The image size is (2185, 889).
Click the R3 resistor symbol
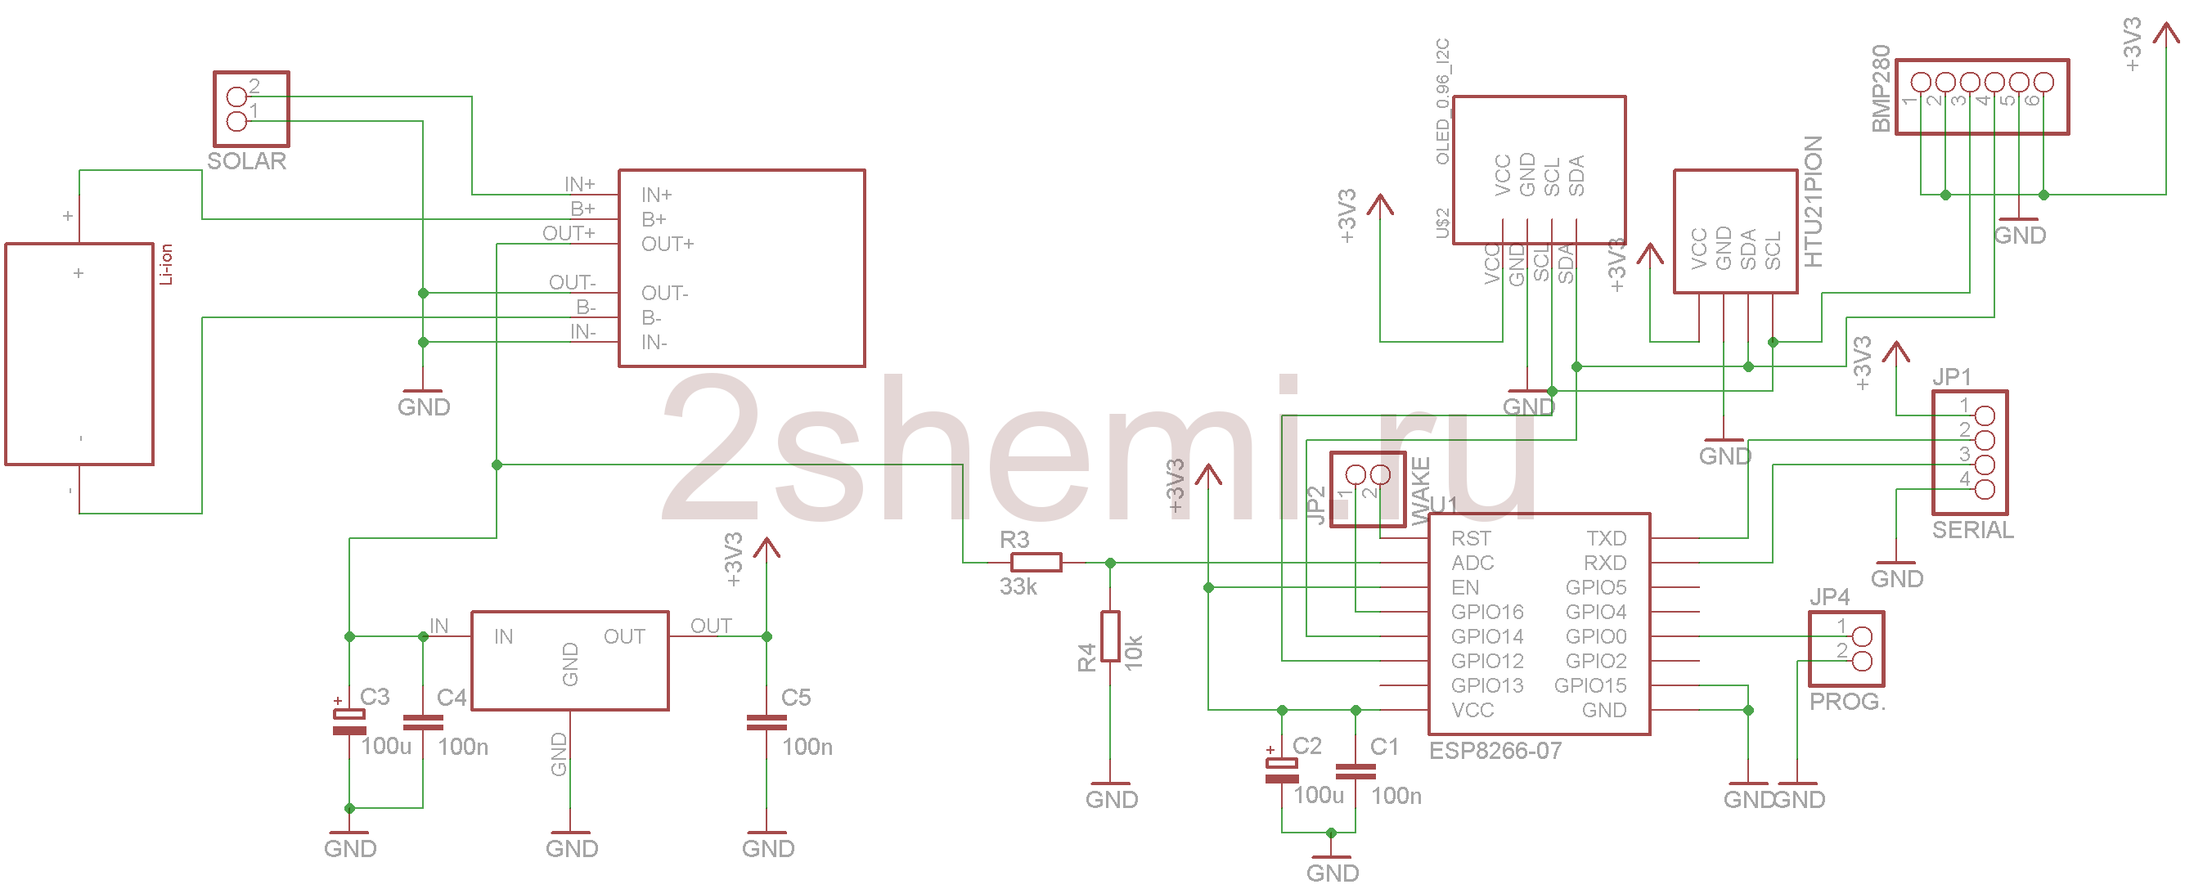pos(1036,563)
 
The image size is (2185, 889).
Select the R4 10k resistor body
pos(1110,636)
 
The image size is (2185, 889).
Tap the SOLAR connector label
pos(247,161)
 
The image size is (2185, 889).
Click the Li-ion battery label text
pos(166,264)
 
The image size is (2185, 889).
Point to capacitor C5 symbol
pos(766,723)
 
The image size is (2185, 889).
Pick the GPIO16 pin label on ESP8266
pos(1486,612)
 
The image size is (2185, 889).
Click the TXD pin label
pos(1606,539)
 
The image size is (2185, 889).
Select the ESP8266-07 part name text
pos(1495,751)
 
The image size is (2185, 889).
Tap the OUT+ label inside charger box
pos(667,245)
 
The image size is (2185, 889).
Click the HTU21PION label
pos(1813,202)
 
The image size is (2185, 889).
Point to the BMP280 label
pos(1881,88)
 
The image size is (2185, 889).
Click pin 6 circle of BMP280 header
pos(2043,83)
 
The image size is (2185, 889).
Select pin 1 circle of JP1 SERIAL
pos(1985,415)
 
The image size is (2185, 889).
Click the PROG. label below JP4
pos(1846,703)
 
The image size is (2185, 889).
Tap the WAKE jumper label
pos(1420,492)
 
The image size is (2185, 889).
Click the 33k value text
pos(1017,587)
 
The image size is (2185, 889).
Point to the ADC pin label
pos(1472,563)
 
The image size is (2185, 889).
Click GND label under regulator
pos(571,848)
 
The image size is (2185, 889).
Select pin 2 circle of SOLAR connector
pos(236,97)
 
